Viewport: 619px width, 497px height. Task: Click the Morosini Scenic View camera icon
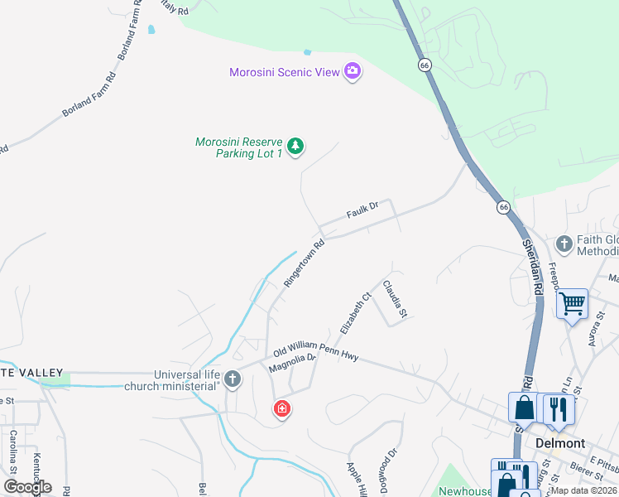pos(353,72)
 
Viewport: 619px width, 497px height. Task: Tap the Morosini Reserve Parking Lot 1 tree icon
pos(296,147)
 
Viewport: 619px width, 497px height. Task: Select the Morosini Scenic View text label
pos(285,72)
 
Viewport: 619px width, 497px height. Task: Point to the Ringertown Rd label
pos(304,263)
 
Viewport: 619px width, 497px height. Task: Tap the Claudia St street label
pos(395,299)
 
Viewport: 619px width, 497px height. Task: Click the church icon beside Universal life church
pos(233,379)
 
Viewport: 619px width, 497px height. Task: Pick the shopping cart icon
pos(572,303)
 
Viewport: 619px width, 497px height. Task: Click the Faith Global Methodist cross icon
pos(564,244)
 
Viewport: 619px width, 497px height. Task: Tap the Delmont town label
pos(560,443)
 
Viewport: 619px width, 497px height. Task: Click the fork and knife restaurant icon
pos(559,408)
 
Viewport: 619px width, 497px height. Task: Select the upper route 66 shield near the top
pos(425,65)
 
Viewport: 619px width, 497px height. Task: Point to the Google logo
pos(27,487)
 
